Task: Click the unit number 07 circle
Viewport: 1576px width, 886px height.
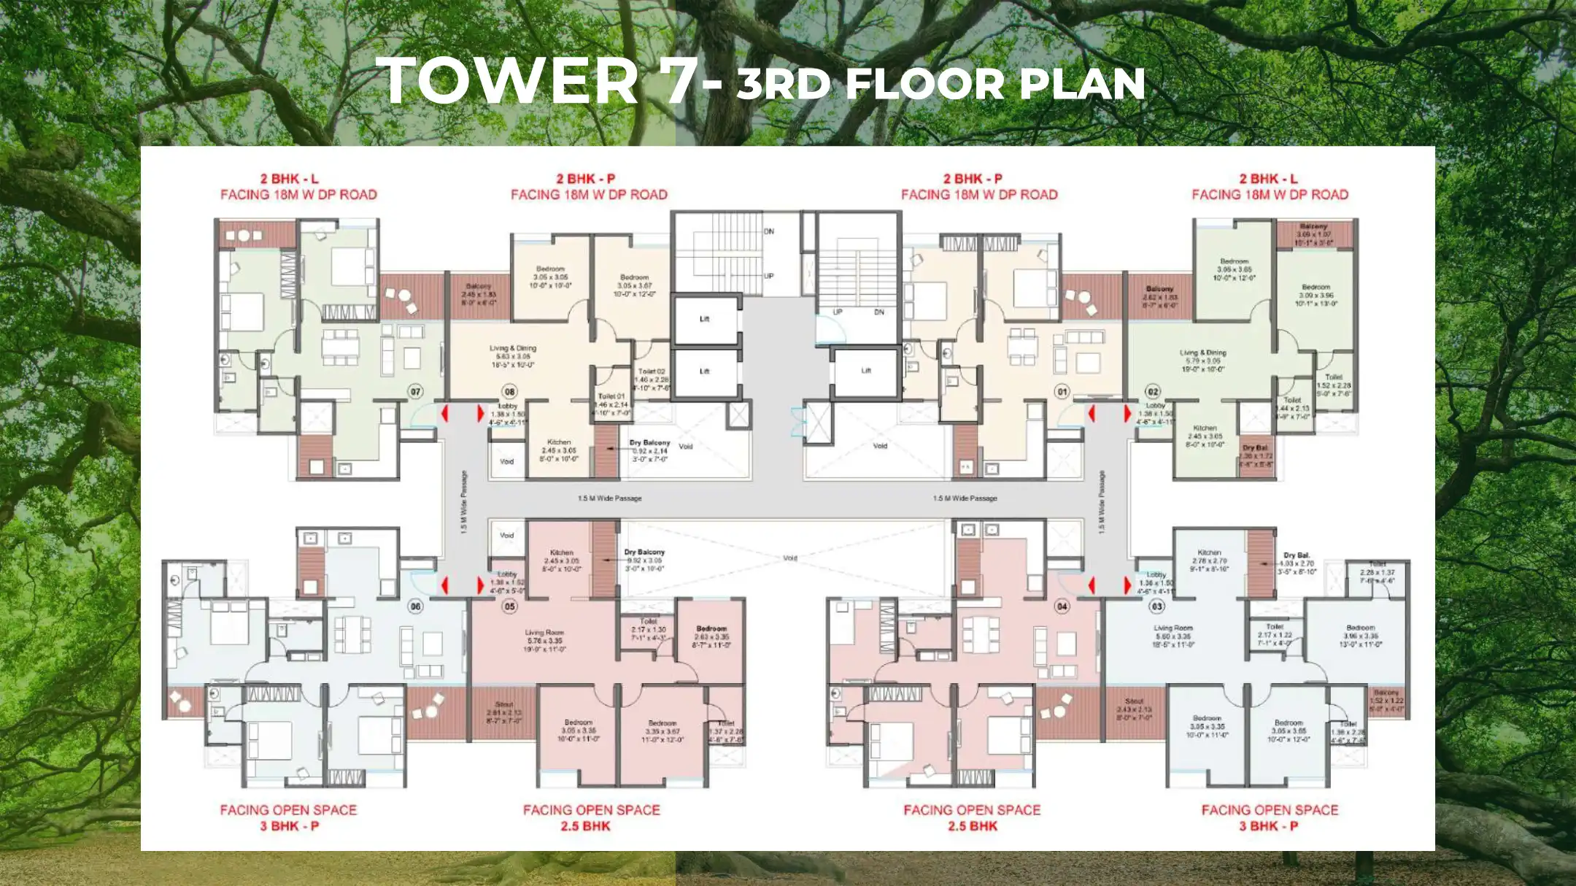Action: coord(415,392)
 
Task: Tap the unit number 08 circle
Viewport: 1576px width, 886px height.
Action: coord(509,392)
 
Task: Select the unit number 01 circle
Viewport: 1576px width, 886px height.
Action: coord(1062,392)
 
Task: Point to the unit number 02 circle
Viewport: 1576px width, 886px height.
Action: coord(1153,392)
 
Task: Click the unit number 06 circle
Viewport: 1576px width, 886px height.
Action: coord(415,606)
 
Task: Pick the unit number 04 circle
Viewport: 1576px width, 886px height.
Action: coord(1062,606)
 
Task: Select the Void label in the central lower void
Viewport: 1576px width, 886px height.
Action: coord(789,558)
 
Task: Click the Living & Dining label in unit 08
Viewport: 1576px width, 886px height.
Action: coord(513,349)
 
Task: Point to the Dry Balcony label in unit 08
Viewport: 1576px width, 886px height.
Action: coord(649,443)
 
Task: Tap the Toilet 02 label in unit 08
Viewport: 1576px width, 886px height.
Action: coord(652,371)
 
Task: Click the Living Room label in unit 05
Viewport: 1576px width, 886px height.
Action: coord(544,633)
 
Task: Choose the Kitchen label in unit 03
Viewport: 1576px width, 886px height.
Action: coord(1209,552)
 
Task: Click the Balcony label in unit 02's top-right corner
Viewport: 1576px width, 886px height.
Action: coord(1313,227)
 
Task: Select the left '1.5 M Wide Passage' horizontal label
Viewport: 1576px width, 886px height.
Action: coord(610,498)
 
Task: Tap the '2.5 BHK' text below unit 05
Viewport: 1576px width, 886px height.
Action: coord(585,826)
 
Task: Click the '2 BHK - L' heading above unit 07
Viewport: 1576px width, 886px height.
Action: coord(290,179)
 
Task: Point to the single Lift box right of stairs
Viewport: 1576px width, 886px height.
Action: coord(866,371)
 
